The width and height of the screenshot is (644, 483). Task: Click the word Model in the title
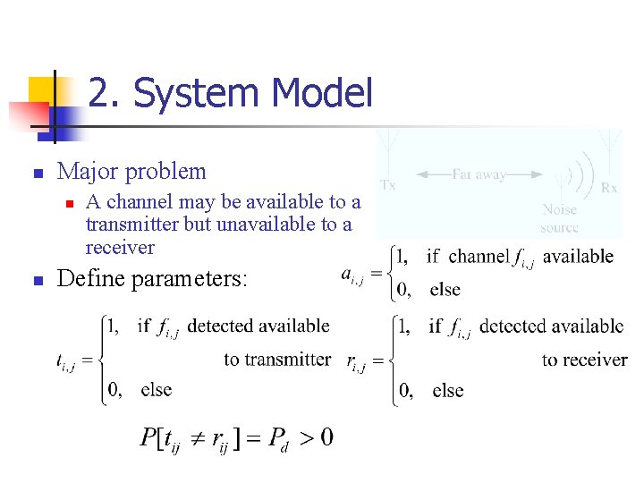tap(320, 93)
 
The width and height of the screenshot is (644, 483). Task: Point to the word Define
tap(93, 279)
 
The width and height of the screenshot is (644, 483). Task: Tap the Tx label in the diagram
tap(388, 186)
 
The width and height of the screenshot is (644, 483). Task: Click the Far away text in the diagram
tap(479, 174)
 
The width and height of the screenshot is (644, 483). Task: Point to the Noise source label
tap(559, 218)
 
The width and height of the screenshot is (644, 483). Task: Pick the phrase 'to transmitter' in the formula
tap(277, 360)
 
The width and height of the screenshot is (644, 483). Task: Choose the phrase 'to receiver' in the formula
tap(585, 360)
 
